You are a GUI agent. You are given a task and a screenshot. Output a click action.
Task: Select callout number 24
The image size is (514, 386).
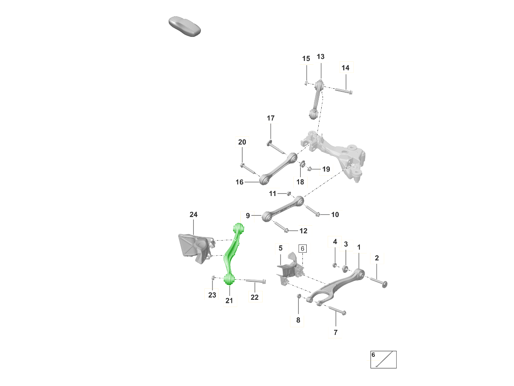coord(194,214)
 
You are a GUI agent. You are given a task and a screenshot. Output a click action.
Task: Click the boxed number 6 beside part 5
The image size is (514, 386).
coord(302,248)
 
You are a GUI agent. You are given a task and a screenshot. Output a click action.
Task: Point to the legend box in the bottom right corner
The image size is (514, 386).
coord(383,359)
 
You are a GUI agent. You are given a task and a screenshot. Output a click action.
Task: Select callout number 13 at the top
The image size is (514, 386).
coord(320,57)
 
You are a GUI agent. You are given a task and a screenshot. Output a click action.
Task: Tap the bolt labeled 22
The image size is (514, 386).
coord(256,281)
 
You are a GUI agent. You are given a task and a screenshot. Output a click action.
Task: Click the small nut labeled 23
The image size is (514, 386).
coord(212,278)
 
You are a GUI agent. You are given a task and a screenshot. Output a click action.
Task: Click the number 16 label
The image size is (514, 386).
coord(239,182)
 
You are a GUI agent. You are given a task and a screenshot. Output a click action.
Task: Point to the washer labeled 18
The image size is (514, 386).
coord(301,164)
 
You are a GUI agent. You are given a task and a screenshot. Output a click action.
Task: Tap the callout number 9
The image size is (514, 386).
coord(248,215)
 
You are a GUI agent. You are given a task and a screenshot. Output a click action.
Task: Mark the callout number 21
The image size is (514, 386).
coord(229,301)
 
